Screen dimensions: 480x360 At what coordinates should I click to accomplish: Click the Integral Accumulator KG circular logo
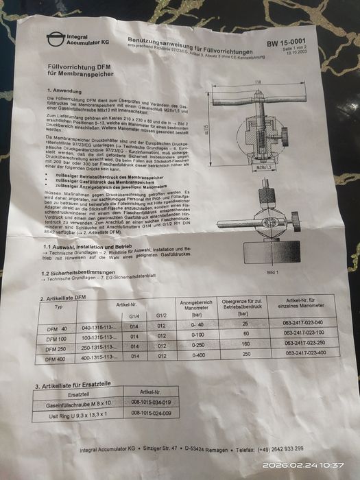coord(54,40)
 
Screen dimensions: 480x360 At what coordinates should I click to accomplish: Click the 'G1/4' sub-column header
coord(134,316)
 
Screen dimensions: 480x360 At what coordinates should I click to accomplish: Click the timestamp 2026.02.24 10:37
coord(308,464)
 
